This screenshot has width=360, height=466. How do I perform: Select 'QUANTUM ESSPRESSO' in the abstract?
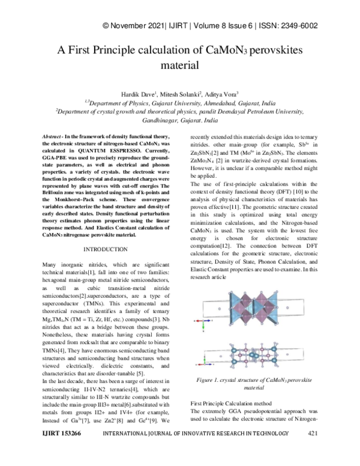point(123,153)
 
